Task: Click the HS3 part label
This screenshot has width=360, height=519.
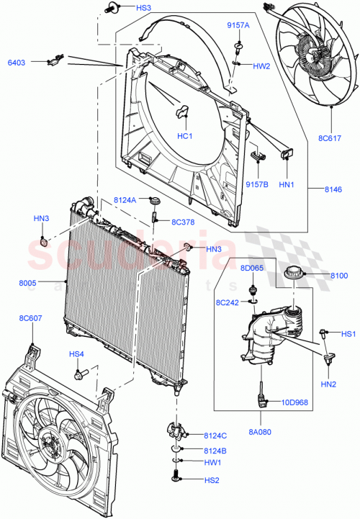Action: tap(124, 8)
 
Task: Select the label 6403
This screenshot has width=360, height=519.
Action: tap(16, 63)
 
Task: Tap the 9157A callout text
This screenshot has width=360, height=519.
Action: tap(238, 25)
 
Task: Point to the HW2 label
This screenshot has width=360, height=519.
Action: tap(261, 66)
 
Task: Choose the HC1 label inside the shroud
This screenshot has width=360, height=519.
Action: tap(184, 136)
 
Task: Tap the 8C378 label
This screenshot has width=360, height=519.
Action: tap(183, 222)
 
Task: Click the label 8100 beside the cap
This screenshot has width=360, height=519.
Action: tap(338, 276)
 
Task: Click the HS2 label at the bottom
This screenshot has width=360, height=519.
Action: tap(211, 480)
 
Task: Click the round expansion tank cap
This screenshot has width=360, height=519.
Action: tap(294, 274)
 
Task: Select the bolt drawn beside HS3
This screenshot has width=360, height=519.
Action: tap(91, 9)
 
